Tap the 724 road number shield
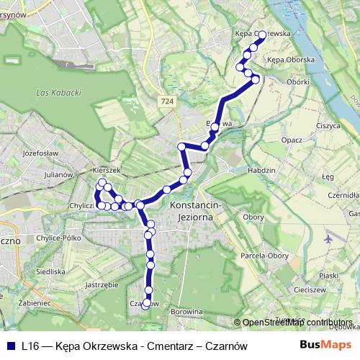pyautogui.click(x=168, y=102)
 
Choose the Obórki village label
pyautogui.click(x=297, y=81)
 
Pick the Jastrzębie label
pyautogui.click(x=101, y=284)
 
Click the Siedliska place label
pyautogui.click(x=51, y=271)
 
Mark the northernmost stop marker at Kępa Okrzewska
pyautogui.click(x=261, y=33)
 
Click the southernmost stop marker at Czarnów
pyautogui.click(x=146, y=305)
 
